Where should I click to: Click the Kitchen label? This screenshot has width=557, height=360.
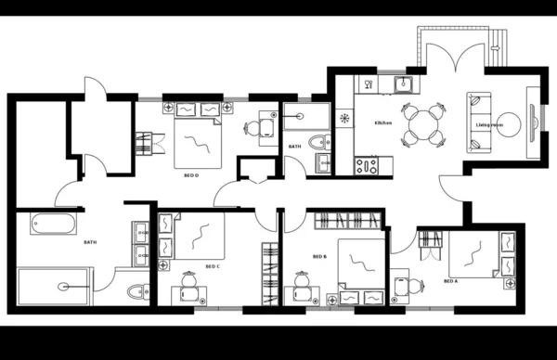[383, 123]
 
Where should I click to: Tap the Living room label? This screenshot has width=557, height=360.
[488, 123]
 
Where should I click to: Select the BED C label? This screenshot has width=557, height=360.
[212, 266]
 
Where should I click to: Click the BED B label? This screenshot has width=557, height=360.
[319, 256]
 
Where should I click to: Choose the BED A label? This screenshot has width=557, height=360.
[450, 280]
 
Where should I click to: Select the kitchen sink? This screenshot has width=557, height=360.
[403, 86]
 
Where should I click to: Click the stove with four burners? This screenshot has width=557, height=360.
[365, 167]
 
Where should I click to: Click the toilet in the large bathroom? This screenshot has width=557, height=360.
[136, 291]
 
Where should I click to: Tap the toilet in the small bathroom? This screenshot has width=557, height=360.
[317, 143]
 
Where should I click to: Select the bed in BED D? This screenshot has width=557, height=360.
[200, 139]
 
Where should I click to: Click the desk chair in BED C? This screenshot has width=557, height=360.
[189, 279]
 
